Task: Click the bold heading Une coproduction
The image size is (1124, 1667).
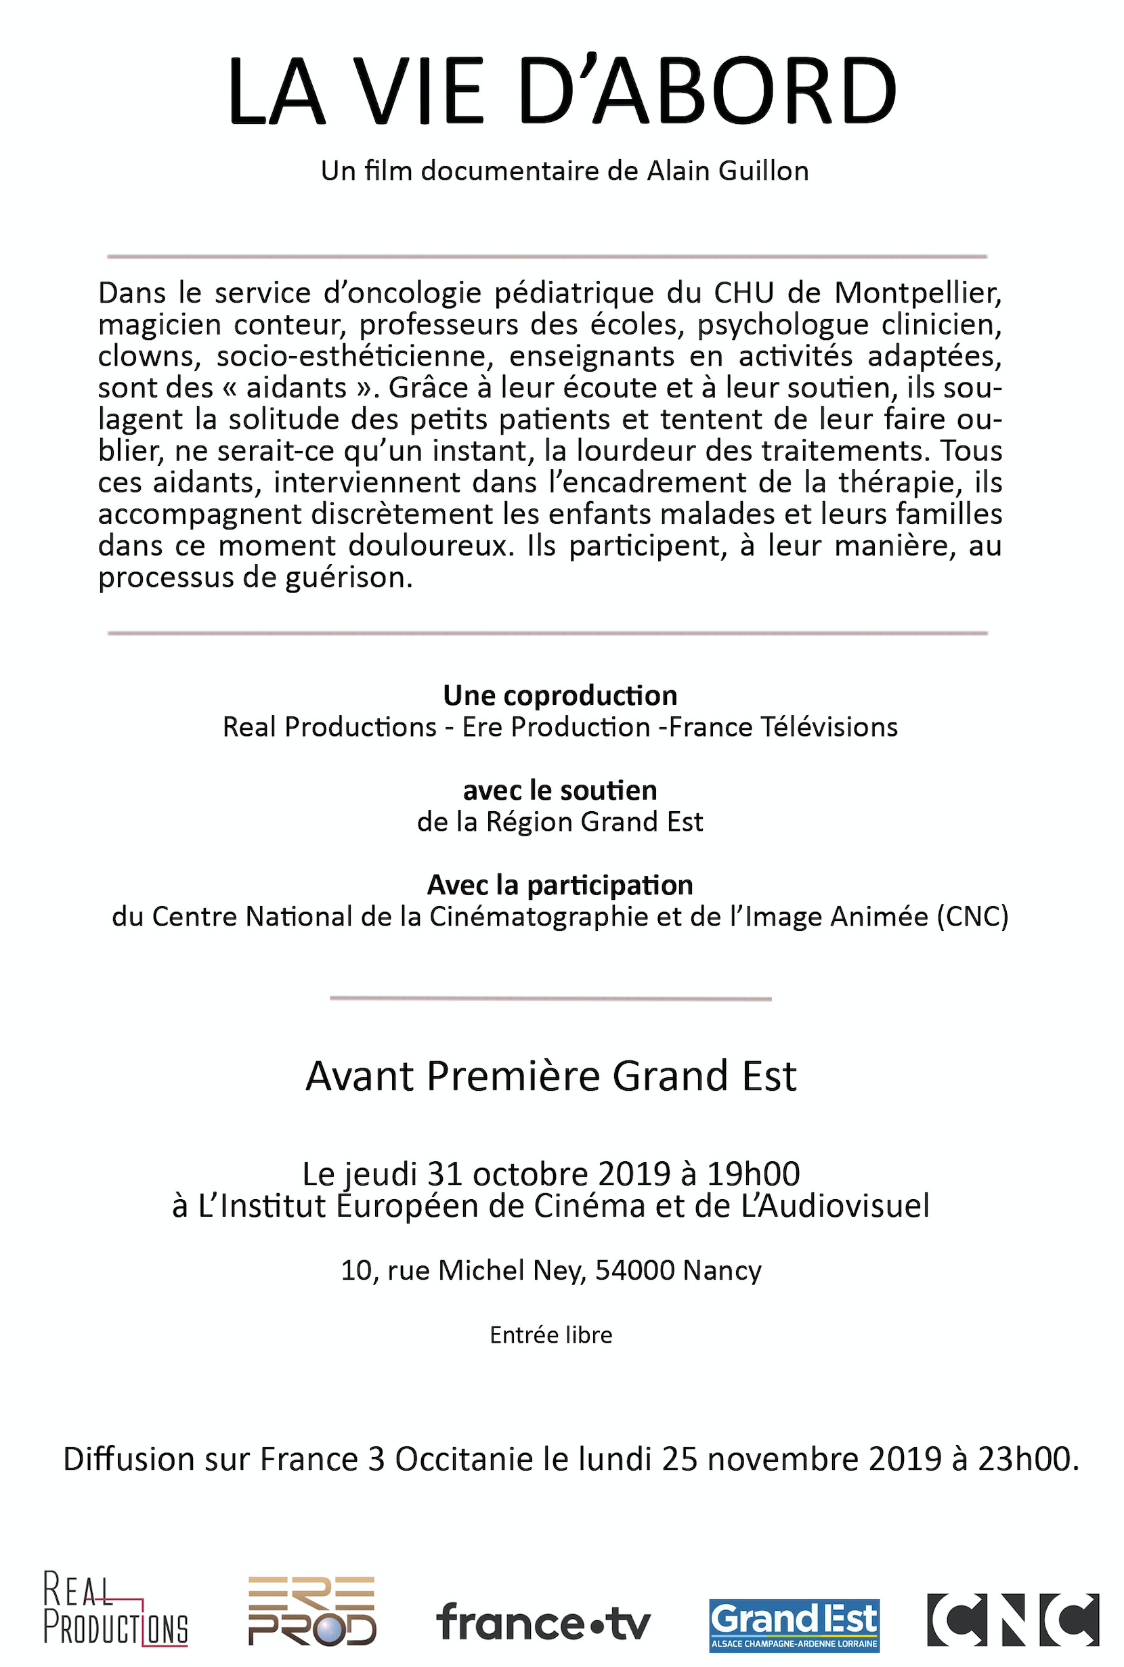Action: point(560,695)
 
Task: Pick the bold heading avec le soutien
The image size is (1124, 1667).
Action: point(560,790)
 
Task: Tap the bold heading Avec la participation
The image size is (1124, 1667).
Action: point(560,885)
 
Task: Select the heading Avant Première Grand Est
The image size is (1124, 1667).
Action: point(550,1076)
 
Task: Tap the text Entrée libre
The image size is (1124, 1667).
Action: point(550,1335)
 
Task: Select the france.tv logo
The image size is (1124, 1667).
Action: point(543,1622)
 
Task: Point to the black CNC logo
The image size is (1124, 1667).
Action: point(1013,1620)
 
